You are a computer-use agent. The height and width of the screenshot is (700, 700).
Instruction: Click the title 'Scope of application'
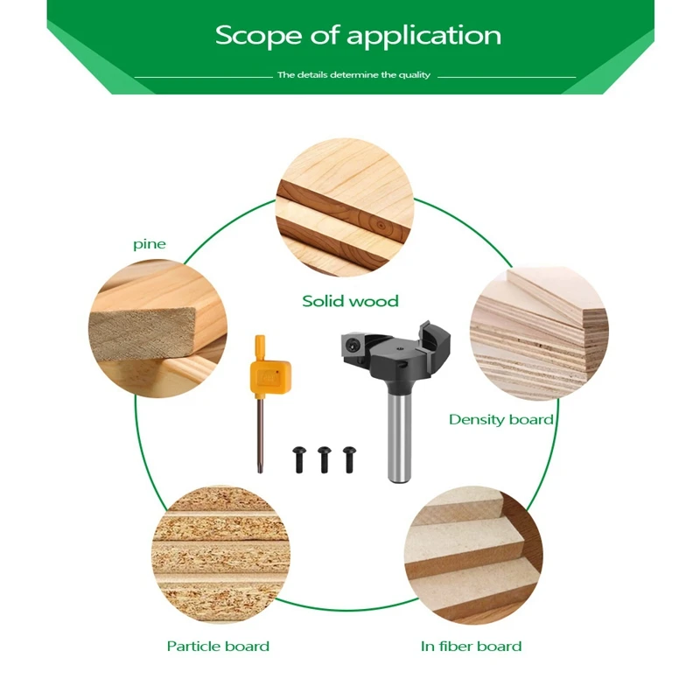click(358, 36)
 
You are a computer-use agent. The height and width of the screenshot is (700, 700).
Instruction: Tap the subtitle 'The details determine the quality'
click(353, 75)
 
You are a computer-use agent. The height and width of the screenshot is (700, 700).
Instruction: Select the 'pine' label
click(150, 244)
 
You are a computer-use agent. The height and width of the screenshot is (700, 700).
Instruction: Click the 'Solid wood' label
click(350, 301)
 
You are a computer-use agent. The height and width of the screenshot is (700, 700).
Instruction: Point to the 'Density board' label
click(500, 420)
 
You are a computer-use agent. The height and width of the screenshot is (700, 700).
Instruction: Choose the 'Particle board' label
click(218, 647)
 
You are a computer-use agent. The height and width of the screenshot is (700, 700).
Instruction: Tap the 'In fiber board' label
click(471, 647)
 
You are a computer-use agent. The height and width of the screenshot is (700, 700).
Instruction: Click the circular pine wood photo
click(157, 328)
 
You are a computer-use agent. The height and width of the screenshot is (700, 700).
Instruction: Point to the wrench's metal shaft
click(261, 437)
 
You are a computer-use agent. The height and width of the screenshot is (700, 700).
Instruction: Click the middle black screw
click(325, 457)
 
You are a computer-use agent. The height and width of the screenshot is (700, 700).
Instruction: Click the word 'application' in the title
click(423, 37)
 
